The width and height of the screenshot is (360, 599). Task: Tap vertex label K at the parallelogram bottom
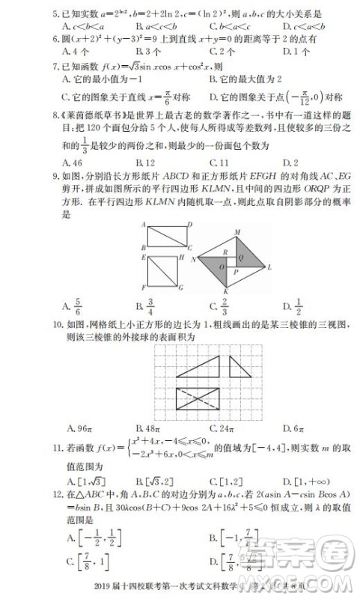pos(225,291)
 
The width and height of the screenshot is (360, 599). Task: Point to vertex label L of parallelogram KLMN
pos(270,266)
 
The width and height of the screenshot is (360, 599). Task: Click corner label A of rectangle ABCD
pos(141,225)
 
